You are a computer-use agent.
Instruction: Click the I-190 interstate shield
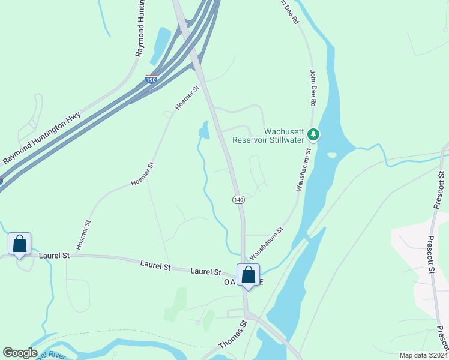151,79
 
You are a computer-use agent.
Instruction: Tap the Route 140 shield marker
238,199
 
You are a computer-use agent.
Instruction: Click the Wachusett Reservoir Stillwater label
285,136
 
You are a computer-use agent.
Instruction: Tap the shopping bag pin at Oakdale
248,275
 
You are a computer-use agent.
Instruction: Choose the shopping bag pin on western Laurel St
20,245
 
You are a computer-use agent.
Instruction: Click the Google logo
20,353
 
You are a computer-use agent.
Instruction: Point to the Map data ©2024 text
423,355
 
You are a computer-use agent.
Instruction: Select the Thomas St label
233,335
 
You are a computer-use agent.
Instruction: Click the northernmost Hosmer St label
187,98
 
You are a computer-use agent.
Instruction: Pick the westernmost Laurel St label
55,256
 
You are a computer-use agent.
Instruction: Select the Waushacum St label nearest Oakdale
266,242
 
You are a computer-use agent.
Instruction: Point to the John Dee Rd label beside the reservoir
313,87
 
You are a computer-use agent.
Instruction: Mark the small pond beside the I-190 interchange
160,44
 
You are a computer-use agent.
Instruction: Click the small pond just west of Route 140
204,130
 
